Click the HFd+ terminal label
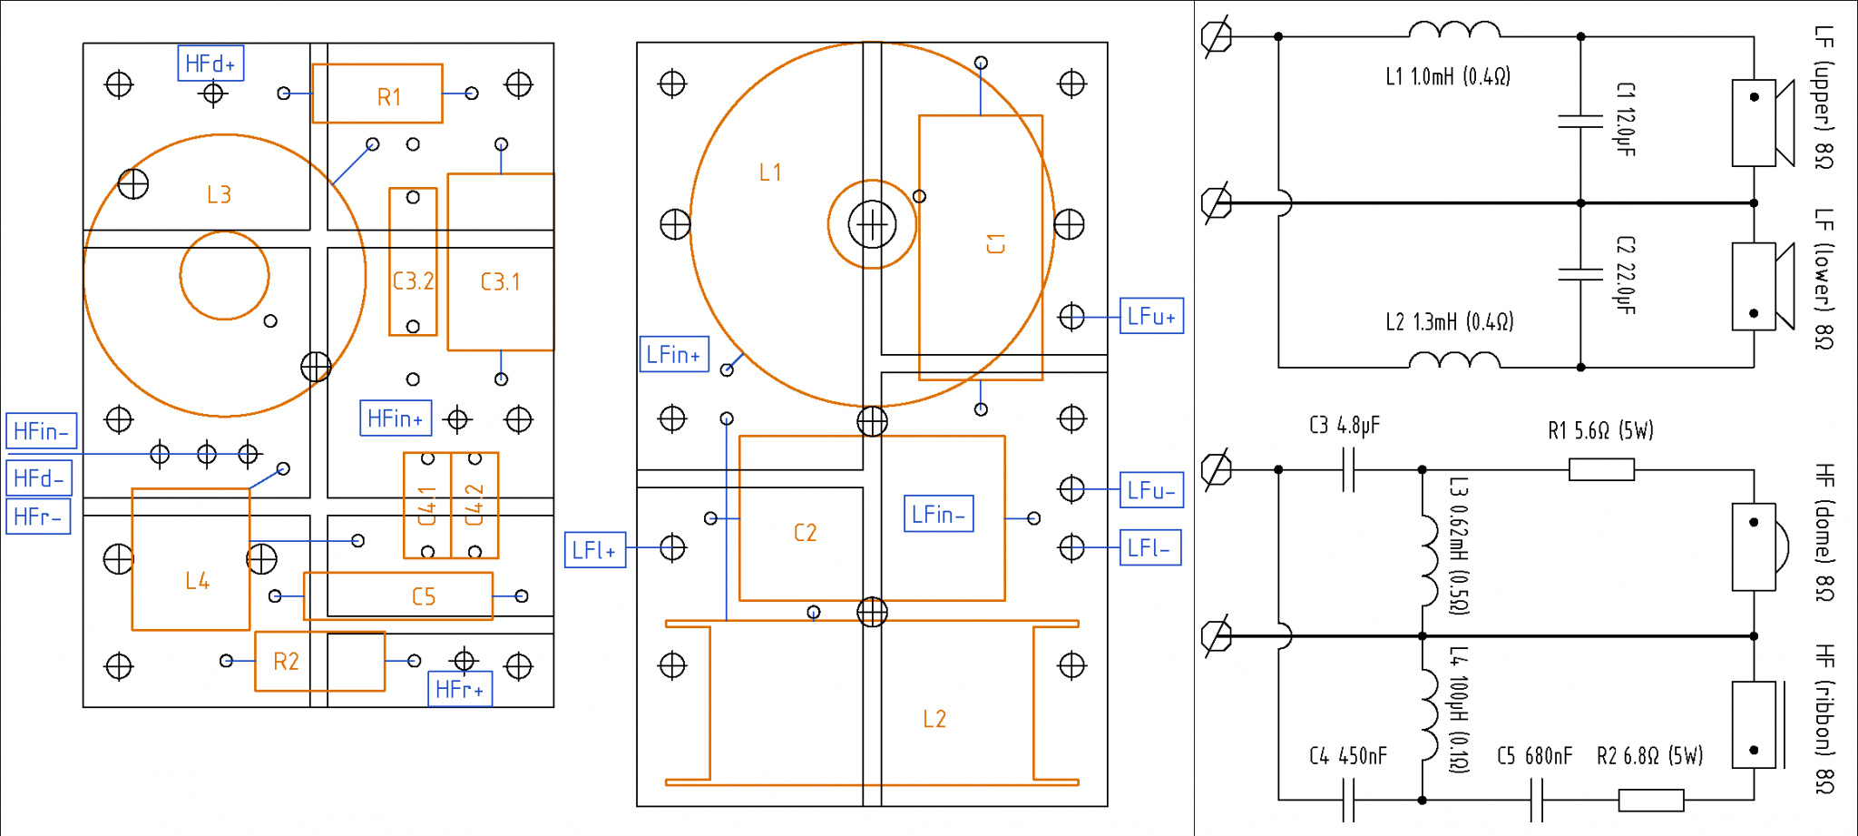pyautogui.click(x=210, y=64)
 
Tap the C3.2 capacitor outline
pyautogui.click(x=413, y=262)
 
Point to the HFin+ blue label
pyautogui.click(x=396, y=418)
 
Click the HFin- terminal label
pyautogui.click(x=41, y=431)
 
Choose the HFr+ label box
pyautogui.click(x=460, y=689)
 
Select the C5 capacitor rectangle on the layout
pyautogui.click(x=399, y=595)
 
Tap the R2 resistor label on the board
pyautogui.click(x=286, y=662)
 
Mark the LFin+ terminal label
pyautogui.click(x=674, y=355)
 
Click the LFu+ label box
pyautogui.click(x=1151, y=316)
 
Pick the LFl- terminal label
pyautogui.click(x=1150, y=548)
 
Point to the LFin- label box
pyautogui.click(x=939, y=514)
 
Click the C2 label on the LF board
pyautogui.click(x=805, y=533)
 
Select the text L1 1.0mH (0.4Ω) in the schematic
pyautogui.click(x=1447, y=77)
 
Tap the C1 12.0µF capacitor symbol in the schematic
pyautogui.click(x=1580, y=121)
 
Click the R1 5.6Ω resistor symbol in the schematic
pyautogui.click(x=1601, y=469)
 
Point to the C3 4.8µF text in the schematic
pyautogui.click(x=1345, y=425)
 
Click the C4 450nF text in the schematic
pyautogui.click(x=1348, y=756)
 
